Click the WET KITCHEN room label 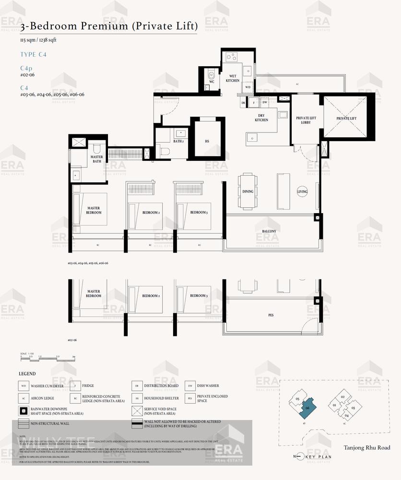click(233, 78)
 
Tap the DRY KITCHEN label click(261, 118)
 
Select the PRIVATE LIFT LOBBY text click(303, 120)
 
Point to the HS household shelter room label click(207, 142)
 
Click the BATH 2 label click(178, 142)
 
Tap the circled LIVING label click(302, 192)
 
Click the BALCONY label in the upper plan click(269, 231)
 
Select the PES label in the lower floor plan click(271, 316)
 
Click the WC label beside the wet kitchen click(211, 82)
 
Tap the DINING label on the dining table click(248, 192)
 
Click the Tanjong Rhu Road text click(366, 448)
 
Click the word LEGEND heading click(27, 373)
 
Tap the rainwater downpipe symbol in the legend click(24, 410)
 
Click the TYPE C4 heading click(34, 55)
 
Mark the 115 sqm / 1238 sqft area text click(38, 40)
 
